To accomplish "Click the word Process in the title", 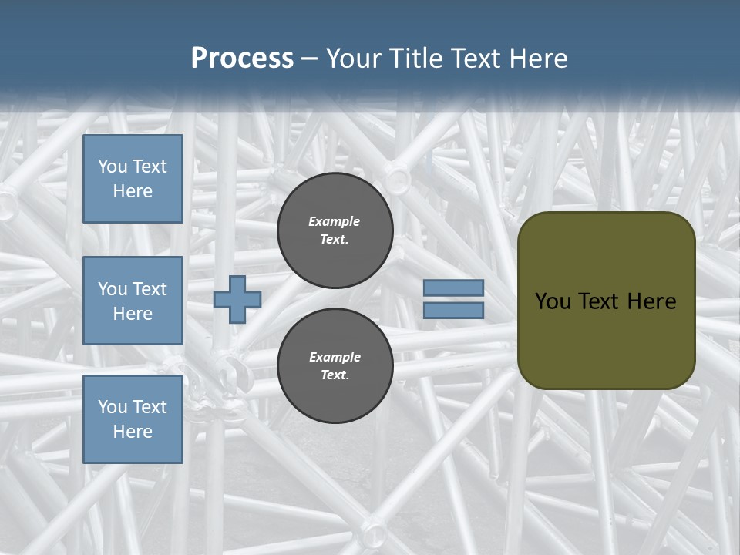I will coord(242,59).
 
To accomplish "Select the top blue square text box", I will coord(133,179).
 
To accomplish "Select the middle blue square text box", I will coord(133,301).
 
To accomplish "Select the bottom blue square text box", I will coord(133,419).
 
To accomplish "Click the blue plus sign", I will coord(237,299).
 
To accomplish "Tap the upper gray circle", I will coord(335,230).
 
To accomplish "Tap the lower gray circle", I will coord(335,366).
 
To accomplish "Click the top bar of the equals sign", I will coord(453,288).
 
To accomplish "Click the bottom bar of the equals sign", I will coord(453,311).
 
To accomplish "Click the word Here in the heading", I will coord(537,59).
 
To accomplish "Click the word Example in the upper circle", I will coord(334,221).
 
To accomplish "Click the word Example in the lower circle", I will coord(335,357).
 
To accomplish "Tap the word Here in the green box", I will coord(651,301).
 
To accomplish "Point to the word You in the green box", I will coord(552,301).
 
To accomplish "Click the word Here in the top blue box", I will coord(133,191).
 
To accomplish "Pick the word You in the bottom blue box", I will coord(112,407).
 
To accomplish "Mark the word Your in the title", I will coord(354,59).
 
